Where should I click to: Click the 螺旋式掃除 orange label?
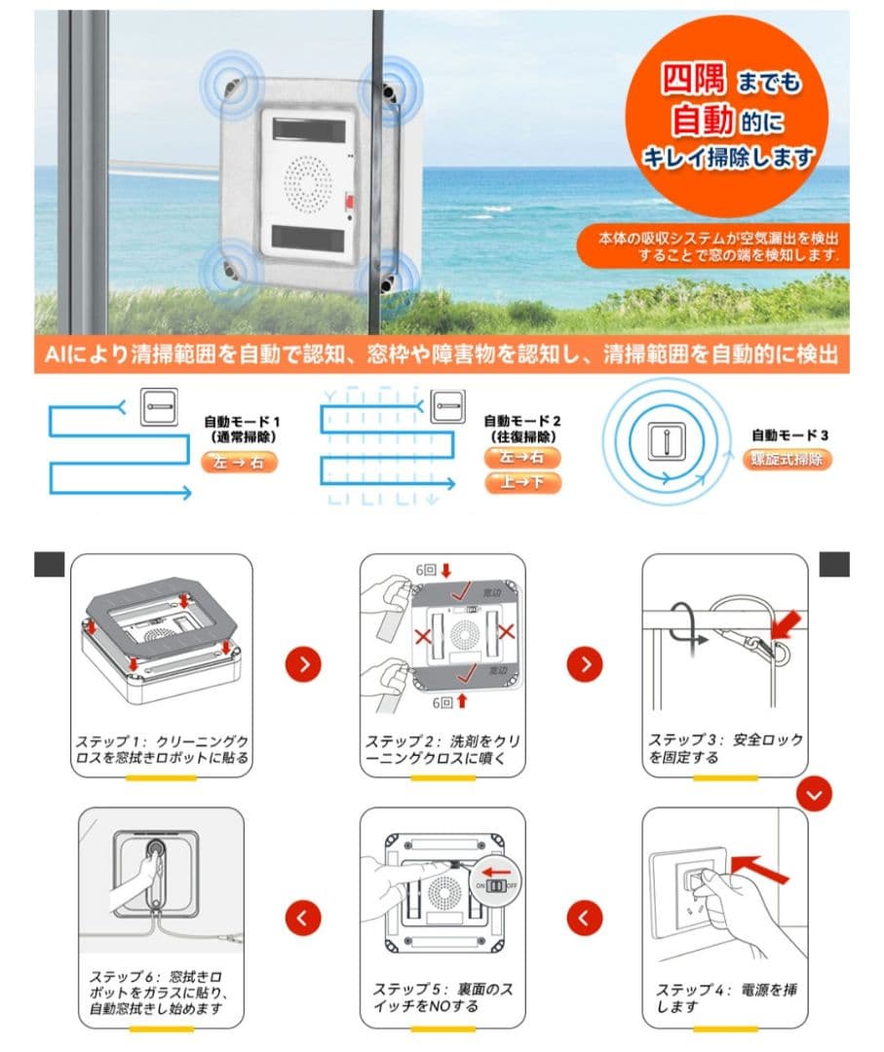tap(789, 460)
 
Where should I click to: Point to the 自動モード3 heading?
tap(789, 435)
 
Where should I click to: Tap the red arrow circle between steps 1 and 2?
tap(304, 664)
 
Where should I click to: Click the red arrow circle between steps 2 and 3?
tap(585, 664)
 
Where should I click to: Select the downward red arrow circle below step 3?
tap(815, 795)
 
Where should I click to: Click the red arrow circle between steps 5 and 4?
tap(585, 917)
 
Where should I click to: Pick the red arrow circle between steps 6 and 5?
tap(304, 917)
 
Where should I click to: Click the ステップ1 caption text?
tap(161, 749)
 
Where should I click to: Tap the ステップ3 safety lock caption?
tap(726, 748)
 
